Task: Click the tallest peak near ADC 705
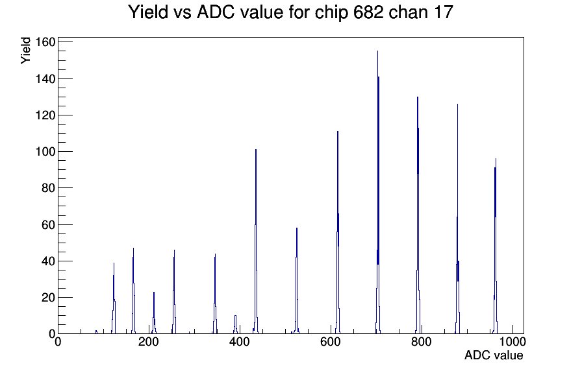coord(378,193)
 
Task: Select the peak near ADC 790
coord(418,215)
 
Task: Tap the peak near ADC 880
coord(458,219)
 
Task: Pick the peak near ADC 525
coord(297,281)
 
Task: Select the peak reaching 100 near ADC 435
coord(256,241)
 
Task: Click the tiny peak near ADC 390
coord(235,325)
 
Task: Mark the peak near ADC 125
coord(114,298)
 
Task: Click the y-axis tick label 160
coord(45,42)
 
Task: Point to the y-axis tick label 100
coord(45,152)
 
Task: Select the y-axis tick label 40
coord(49,261)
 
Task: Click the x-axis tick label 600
coord(331,342)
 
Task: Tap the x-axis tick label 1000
coord(512,342)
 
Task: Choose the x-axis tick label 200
coord(149,342)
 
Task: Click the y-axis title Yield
coord(25,51)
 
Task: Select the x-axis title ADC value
coord(494,355)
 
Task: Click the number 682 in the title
coord(368,12)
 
